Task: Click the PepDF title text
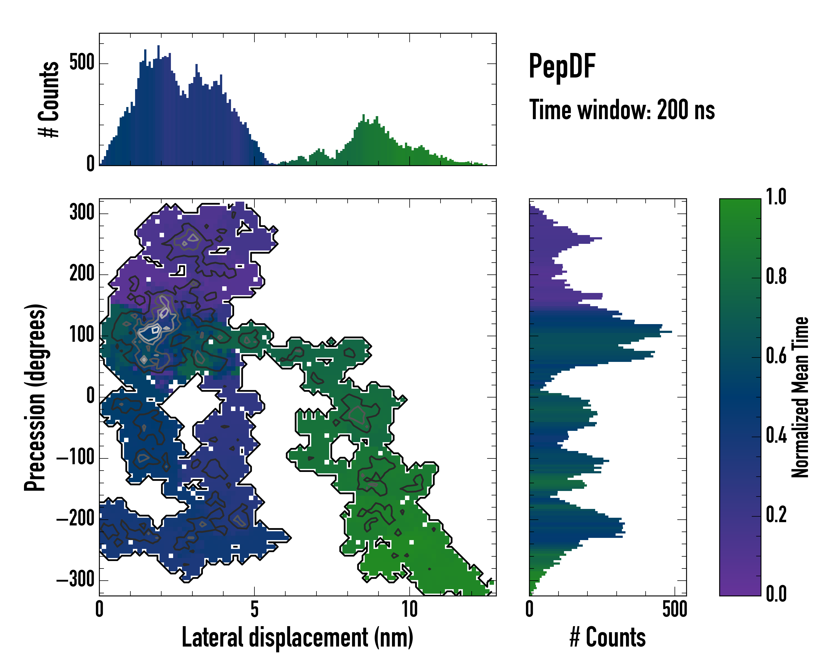click(562, 66)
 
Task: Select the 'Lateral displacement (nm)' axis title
click(297, 637)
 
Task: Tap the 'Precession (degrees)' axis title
click(35, 397)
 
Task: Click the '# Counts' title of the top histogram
click(49, 99)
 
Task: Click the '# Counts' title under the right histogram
click(608, 637)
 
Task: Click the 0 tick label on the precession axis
click(90, 396)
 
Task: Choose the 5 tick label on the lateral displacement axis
click(254, 609)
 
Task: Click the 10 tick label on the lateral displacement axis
click(409, 609)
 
